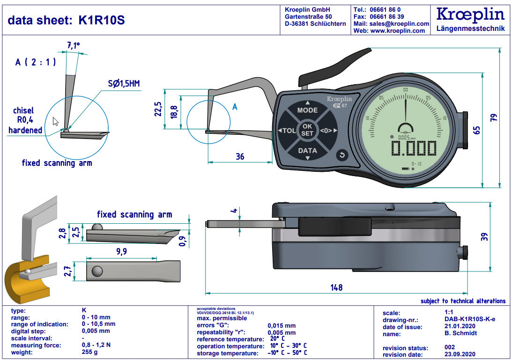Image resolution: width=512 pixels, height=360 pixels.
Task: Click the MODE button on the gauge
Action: coord(307,110)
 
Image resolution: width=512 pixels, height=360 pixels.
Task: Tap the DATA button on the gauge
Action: coord(307,151)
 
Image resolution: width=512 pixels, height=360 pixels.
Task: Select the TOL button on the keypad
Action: coord(288,131)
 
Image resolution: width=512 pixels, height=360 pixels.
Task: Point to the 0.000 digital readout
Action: coord(414,149)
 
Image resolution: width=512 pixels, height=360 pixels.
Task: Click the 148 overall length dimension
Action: coord(336,287)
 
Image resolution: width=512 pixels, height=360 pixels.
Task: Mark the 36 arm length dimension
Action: coord(239,157)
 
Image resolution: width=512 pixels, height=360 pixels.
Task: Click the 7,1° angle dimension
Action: coord(74,46)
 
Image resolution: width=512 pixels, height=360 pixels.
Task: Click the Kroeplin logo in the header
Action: coord(470,15)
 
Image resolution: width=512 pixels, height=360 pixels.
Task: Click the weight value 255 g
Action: coord(89,352)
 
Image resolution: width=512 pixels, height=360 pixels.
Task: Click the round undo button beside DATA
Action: coord(342,155)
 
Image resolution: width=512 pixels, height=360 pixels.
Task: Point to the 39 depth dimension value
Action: coord(484,236)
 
